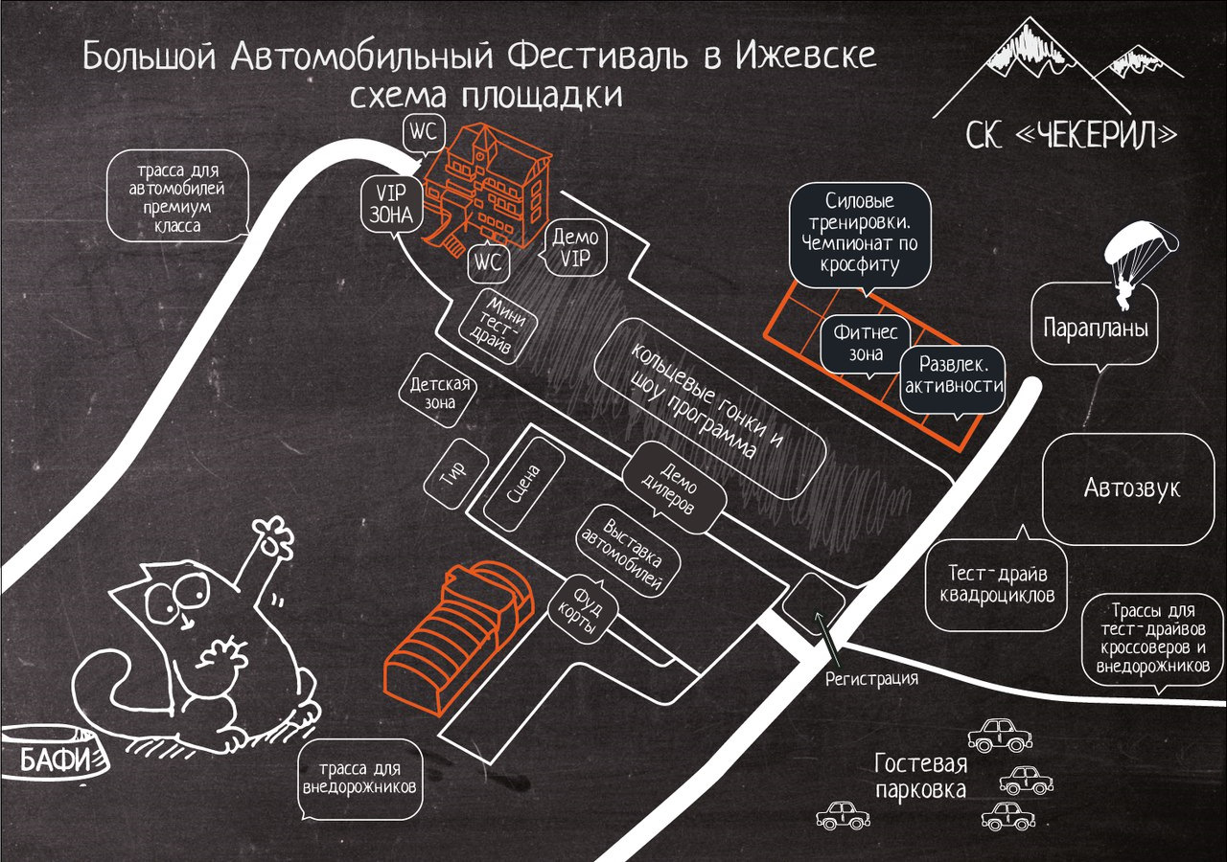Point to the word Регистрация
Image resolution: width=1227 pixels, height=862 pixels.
click(x=871, y=679)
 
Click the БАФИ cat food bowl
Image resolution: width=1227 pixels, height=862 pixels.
click(x=56, y=760)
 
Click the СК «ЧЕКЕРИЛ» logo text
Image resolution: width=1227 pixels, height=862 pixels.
click(x=1070, y=134)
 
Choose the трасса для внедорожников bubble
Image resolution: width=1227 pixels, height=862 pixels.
click(x=359, y=779)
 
